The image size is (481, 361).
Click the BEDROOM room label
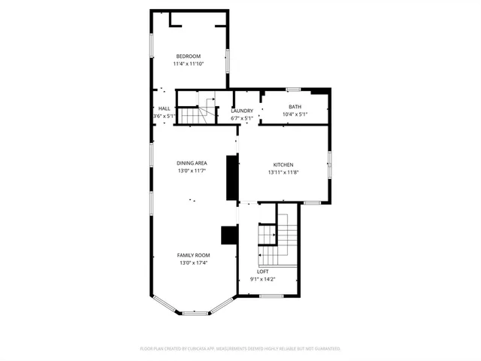[x=189, y=56]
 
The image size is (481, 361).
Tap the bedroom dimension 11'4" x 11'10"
[x=189, y=64]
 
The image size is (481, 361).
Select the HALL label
[x=165, y=109]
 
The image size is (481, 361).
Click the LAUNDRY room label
[x=242, y=111]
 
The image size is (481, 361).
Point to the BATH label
[x=295, y=106]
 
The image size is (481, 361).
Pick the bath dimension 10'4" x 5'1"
[x=295, y=114]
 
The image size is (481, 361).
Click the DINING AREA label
[x=192, y=163]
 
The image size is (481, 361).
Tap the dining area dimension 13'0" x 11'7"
[x=192, y=171]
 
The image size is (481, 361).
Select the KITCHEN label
[x=283, y=165]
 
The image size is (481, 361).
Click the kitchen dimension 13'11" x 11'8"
[x=283, y=172]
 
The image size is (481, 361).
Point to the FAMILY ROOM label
[x=192, y=256]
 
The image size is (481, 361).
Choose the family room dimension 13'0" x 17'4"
[x=192, y=263]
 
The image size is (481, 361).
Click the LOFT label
[x=263, y=272]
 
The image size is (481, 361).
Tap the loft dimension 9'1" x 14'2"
[x=263, y=279]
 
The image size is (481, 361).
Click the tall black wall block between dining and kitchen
[x=232, y=177]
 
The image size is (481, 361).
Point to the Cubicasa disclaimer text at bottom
[x=240, y=349]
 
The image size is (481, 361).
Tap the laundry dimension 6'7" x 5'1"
[x=242, y=118]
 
